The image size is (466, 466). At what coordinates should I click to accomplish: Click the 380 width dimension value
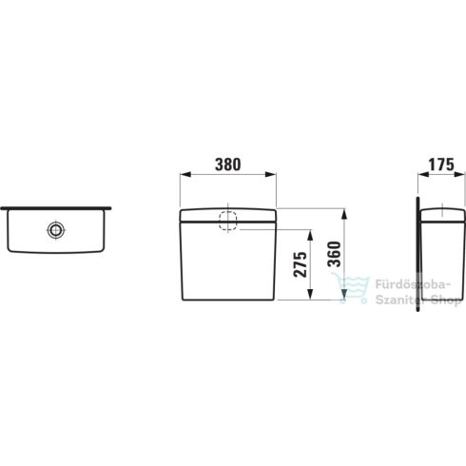coord(226,164)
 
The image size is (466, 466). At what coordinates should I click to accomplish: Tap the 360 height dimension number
coord(333,254)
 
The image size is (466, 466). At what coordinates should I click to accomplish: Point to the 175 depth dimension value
coord(437,164)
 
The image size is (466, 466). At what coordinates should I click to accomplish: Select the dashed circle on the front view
coord(227,221)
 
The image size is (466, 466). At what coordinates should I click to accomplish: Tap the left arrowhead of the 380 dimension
coord(184,175)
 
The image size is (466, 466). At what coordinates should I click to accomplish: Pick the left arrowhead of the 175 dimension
coord(420,175)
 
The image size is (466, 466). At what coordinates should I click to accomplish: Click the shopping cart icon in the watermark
coord(342,286)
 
